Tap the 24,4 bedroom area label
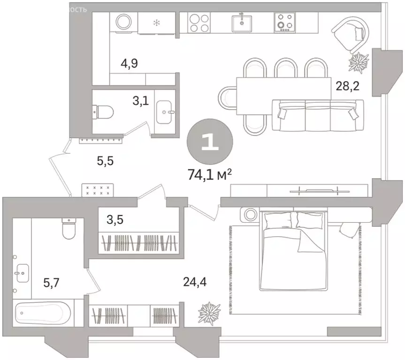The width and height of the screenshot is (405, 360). (x=195, y=282)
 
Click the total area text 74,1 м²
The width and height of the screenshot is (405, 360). (x=210, y=176)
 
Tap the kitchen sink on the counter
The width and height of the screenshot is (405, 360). (x=243, y=22)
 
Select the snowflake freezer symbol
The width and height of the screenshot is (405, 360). (x=157, y=22)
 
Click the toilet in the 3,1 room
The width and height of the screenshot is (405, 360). (x=104, y=111)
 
